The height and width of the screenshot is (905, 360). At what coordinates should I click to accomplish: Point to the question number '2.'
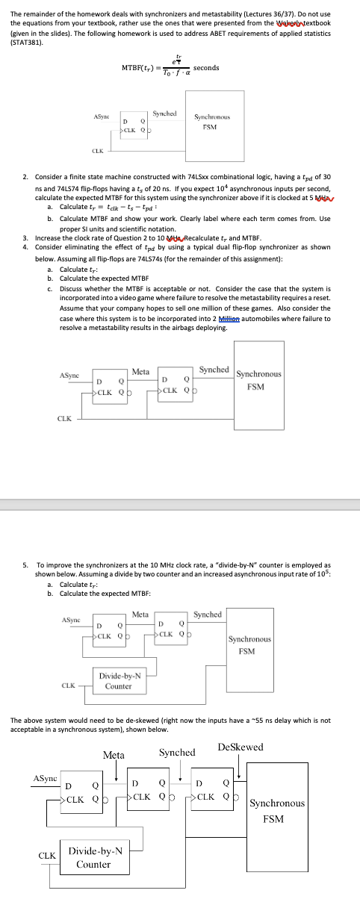(x=25, y=176)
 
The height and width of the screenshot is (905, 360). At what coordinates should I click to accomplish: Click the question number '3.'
(x=25, y=236)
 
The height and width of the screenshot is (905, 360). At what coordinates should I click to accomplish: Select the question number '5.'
(x=25, y=566)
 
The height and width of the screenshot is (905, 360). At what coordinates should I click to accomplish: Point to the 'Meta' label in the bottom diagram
(x=114, y=756)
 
